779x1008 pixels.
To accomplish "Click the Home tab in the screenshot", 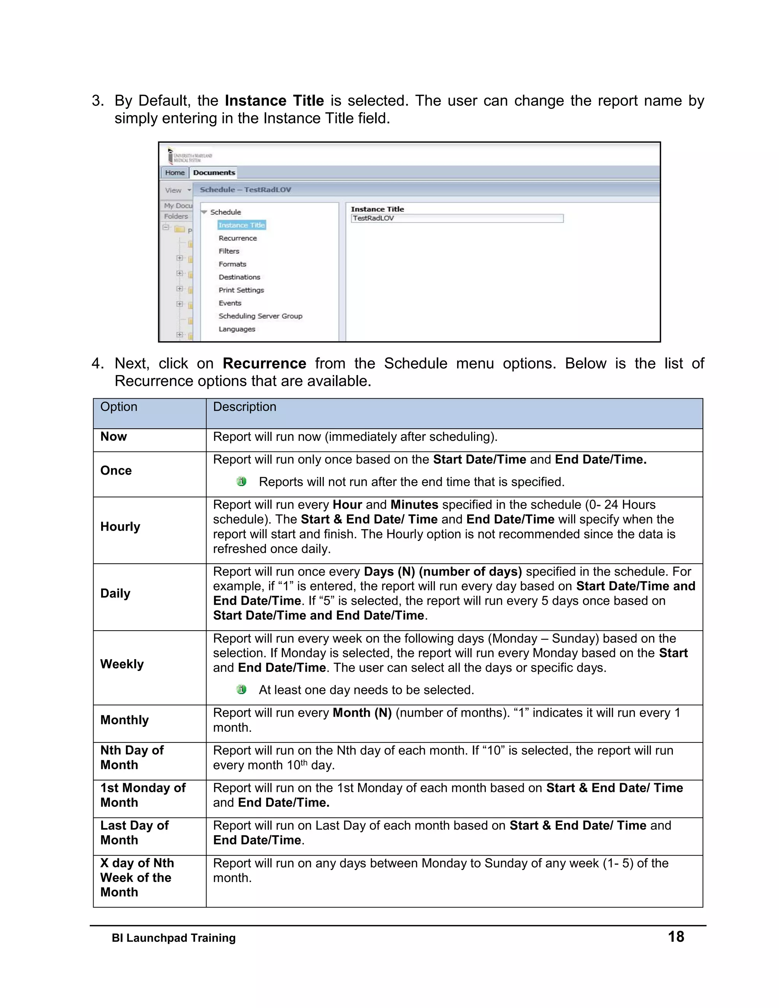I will point(175,173).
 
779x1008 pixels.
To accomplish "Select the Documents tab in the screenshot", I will point(214,173).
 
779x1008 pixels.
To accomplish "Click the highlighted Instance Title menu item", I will point(242,225).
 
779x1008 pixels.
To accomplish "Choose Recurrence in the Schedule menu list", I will point(238,238).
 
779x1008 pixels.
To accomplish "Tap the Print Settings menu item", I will point(241,290).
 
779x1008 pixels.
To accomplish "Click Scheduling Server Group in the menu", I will point(260,316).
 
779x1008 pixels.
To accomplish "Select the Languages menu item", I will point(237,329).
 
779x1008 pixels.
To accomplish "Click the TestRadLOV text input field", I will point(456,218).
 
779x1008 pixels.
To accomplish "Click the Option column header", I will point(119,407).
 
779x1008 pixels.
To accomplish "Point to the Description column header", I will point(245,407).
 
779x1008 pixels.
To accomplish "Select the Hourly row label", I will point(121,526).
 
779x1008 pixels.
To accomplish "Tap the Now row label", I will point(113,437).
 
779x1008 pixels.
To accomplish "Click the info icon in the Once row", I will point(242,482).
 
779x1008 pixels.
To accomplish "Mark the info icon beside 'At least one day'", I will point(242,690).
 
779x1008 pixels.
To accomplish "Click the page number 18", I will point(676,936).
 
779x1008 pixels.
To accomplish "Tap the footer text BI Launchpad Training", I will point(173,938).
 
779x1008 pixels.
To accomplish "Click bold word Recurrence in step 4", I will point(264,364).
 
